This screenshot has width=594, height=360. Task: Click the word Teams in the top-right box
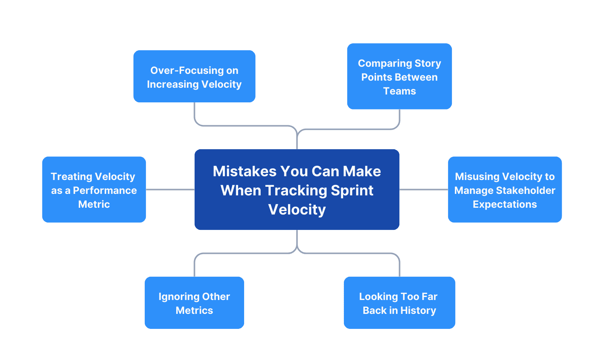(x=399, y=91)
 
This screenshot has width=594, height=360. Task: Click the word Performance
(x=105, y=190)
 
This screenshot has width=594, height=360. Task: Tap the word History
(x=418, y=310)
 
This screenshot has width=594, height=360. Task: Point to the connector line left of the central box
(x=170, y=189)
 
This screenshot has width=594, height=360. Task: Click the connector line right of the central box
(x=423, y=189)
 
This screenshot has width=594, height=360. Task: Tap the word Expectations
(x=505, y=204)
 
